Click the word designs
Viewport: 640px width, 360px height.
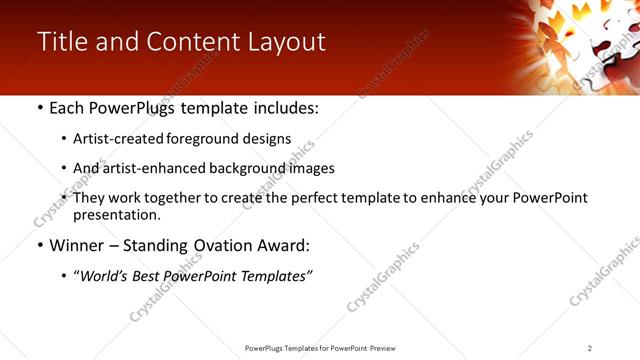tap(265, 139)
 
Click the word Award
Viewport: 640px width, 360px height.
tap(287, 245)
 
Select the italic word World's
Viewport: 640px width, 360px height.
tap(105, 275)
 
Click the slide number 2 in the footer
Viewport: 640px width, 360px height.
tap(590, 348)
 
